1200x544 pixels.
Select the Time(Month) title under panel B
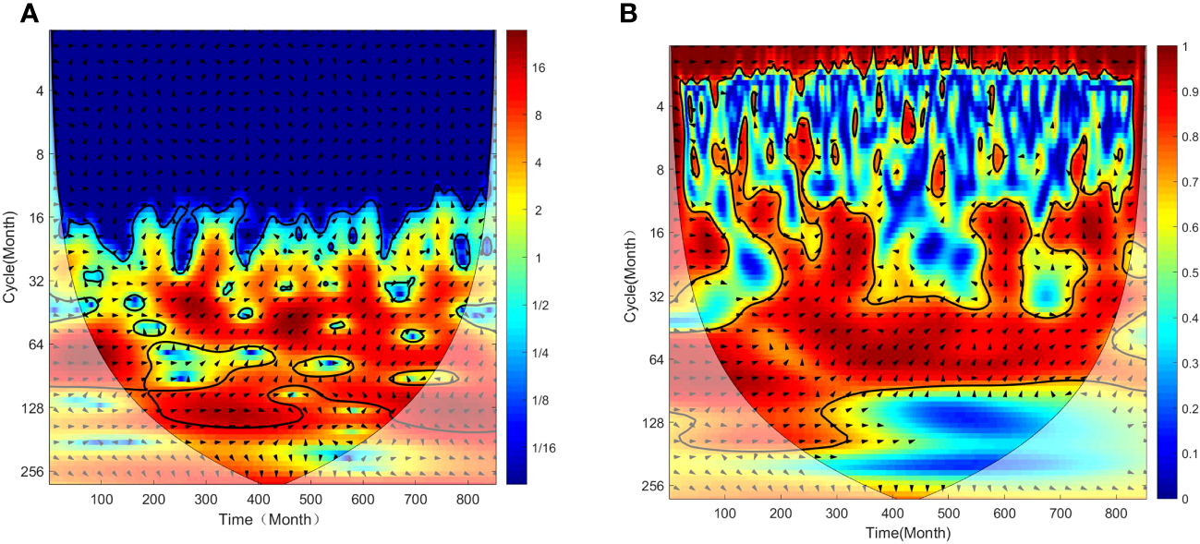[x=908, y=533]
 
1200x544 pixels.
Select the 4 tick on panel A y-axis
[x=40, y=91]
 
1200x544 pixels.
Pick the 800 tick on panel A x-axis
[x=725, y=500]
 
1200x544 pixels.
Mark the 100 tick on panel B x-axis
[x=725, y=514]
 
